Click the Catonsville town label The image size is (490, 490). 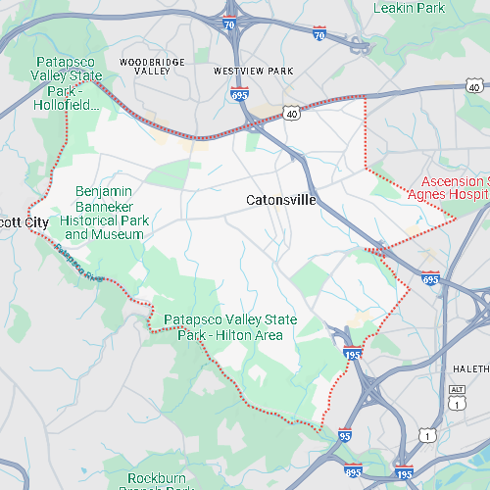(x=280, y=200)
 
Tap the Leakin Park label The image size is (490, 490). (x=409, y=8)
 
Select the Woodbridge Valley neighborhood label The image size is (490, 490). (x=152, y=67)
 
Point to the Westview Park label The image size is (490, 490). (x=253, y=72)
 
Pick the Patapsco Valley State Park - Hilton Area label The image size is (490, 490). (x=222, y=327)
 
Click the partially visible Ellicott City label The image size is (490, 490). (x=24, y=222)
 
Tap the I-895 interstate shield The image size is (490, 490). (x=353, y=470)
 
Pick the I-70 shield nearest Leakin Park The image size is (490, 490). (x=319, y=34)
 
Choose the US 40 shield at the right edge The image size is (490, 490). (x=474, y=87)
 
